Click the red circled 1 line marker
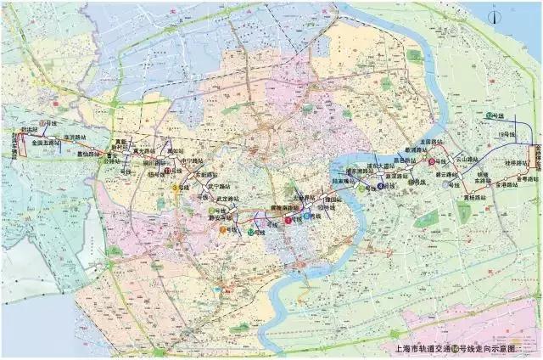tap(287, 220)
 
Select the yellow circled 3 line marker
tap(175, 187)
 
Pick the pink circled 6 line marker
tap(431, 161)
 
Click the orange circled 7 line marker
tap(222, 229)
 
